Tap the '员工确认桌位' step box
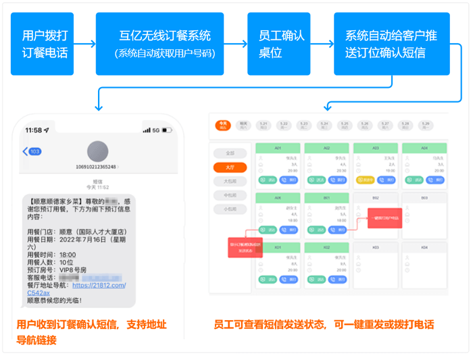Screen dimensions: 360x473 (x=278, y=43)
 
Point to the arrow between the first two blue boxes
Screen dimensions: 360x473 (x=84, y=44)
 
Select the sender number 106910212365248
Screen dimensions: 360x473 (x=98, y=166)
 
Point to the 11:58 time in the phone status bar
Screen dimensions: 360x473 (x=33, y=130)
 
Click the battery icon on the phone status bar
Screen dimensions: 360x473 (x=170, y=130)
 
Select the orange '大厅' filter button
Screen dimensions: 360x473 (x=230, y=168)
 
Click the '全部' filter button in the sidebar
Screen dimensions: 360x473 (x=230, y=153)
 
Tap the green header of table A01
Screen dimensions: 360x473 (x=278, y=148)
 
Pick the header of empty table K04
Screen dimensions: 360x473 (x=424, y=248)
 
